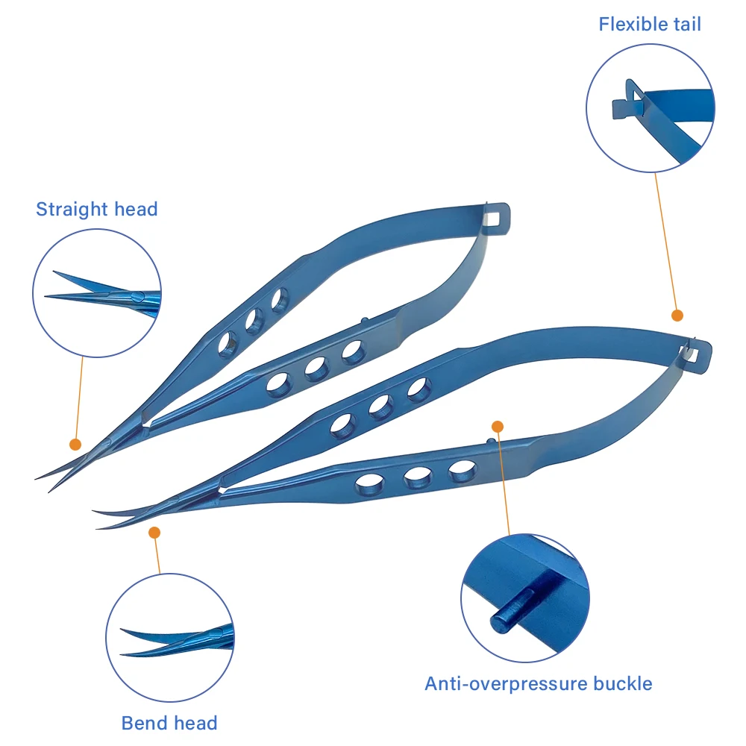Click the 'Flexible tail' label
(650, 25)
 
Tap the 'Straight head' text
(96, 210)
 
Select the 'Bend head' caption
(169, 723)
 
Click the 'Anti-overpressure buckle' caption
(538, 683)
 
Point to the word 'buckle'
(623, 683)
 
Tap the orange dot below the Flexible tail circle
(677, 315)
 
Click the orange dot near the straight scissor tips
(75, 445)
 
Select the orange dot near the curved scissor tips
(154, 533)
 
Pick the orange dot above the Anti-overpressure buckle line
(497, 426)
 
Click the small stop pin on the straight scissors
(365, 321)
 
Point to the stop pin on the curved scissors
(492, 442)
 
